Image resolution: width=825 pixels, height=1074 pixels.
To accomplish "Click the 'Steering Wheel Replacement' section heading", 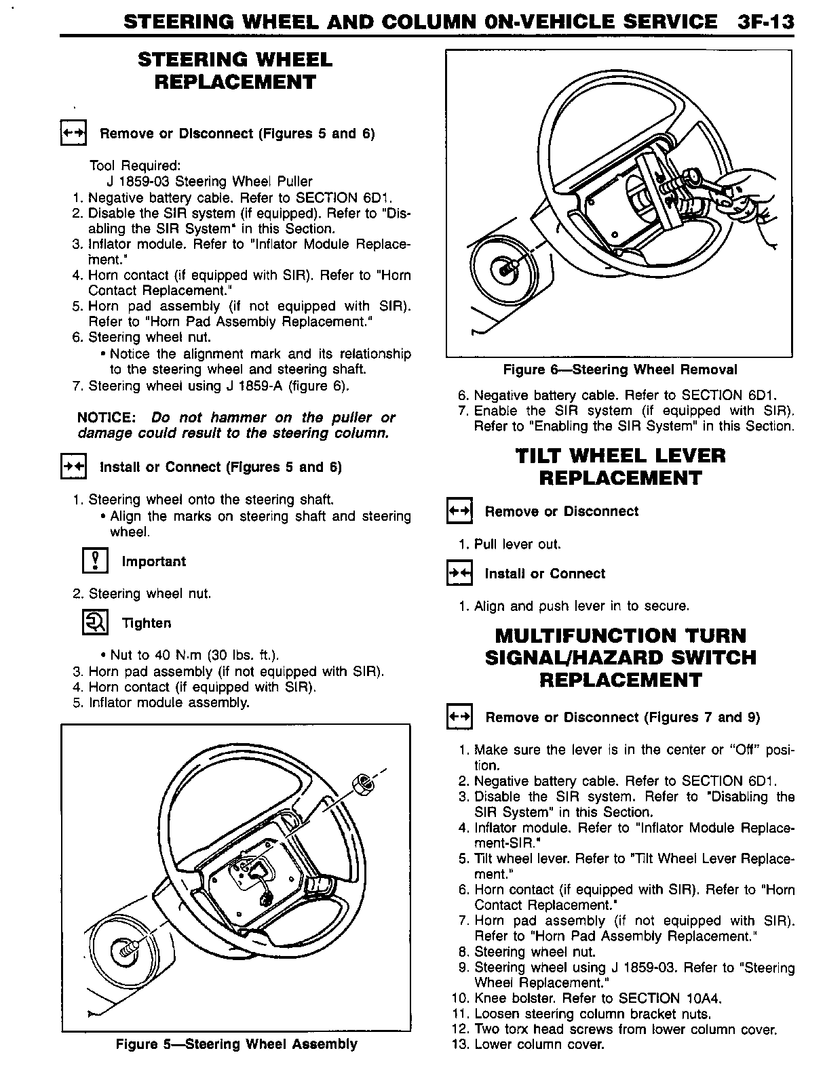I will pos(235,71).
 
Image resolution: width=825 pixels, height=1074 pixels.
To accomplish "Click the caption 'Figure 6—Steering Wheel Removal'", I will pos(619,370).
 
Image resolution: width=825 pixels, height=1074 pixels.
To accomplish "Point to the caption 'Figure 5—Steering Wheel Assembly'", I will pos(236,1043).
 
